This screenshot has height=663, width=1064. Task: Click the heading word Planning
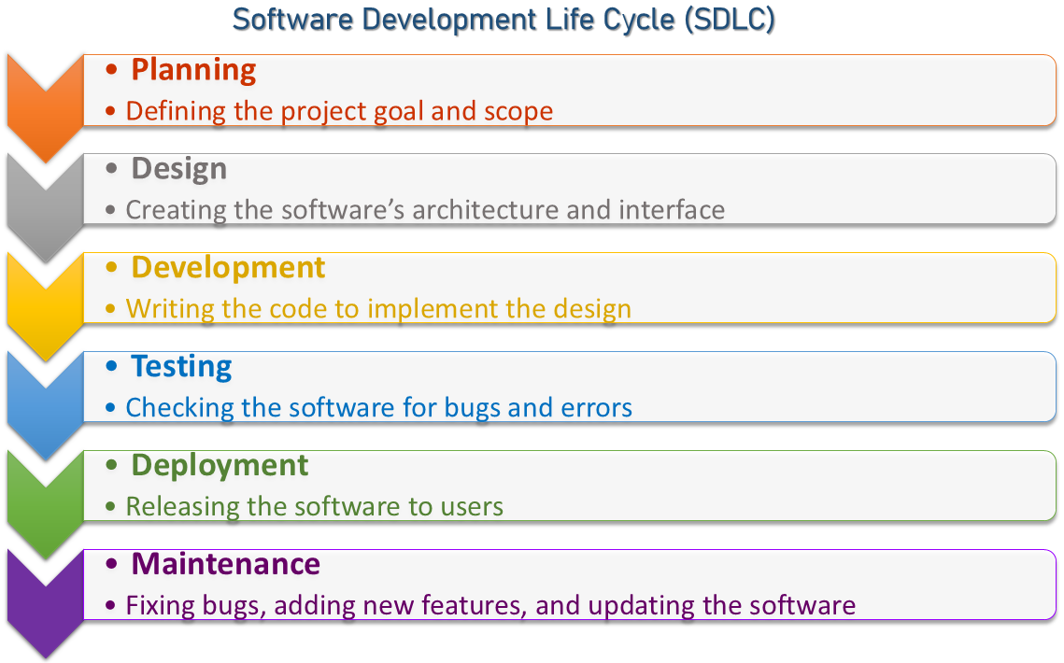(x=193, y=71)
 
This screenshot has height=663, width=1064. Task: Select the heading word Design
(x=179, y=169)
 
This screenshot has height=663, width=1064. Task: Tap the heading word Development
(x=228, y=268)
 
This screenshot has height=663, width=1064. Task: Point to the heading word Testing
(x=181, y=367)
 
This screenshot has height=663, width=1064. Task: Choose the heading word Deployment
(x=220, y=466)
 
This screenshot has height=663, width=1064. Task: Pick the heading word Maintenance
(x=225, y=564)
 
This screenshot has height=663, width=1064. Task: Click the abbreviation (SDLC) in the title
(x=730, y=20)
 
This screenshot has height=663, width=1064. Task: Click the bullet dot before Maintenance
(x=112, y=565)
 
